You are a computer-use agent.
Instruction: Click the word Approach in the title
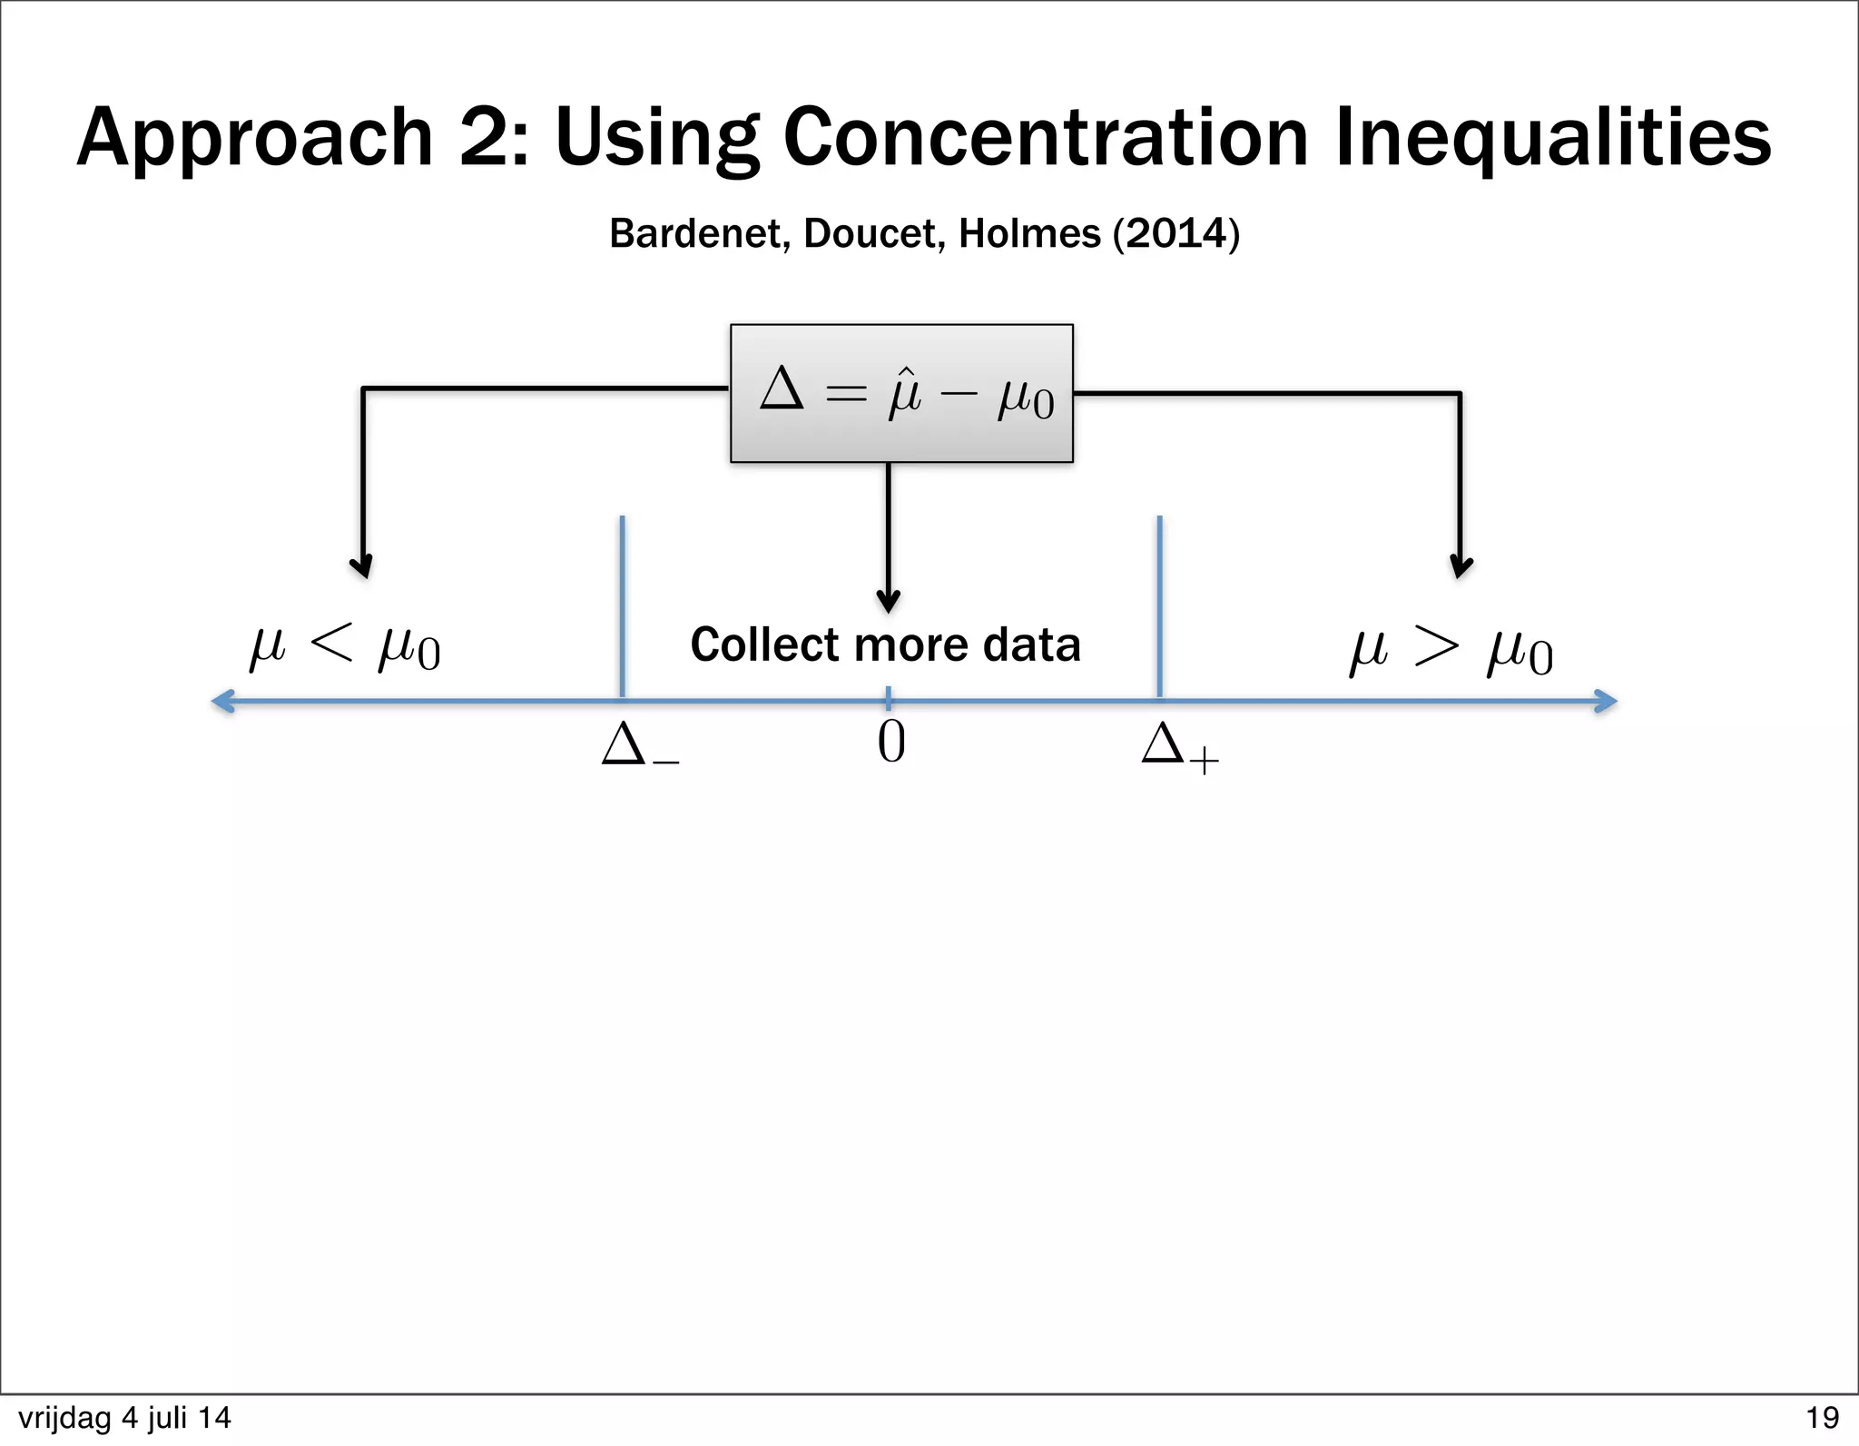pos(255,138)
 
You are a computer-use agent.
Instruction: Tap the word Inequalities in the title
pos(1553,138)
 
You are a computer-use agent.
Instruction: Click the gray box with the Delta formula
pos(901,393)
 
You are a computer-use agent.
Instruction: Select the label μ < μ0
pos(345,647)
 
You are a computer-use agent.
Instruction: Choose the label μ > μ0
pos(1451,652)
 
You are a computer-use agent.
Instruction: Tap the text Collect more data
pos(885,644)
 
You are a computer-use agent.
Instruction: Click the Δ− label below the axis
pos(639,746)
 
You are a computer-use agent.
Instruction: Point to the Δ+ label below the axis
pos(1179,748)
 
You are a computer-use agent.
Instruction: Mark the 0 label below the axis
pos(890,743)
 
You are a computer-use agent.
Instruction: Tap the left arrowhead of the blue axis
pos(223,701)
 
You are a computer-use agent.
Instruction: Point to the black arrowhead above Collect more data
pos(888,601)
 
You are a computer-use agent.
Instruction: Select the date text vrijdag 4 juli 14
pos(124,1417)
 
